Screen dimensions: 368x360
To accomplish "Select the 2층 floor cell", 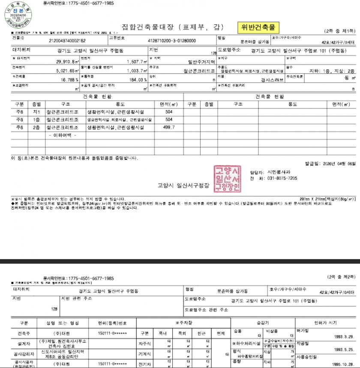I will (x=36, y=128).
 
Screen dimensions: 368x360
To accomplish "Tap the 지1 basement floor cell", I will (x=36, y=112).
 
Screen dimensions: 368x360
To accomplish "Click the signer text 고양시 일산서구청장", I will (x=183, y=185).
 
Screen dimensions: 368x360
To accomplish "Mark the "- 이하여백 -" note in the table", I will (x=63, y=135).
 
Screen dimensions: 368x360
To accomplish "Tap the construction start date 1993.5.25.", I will (x=345, y=350).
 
